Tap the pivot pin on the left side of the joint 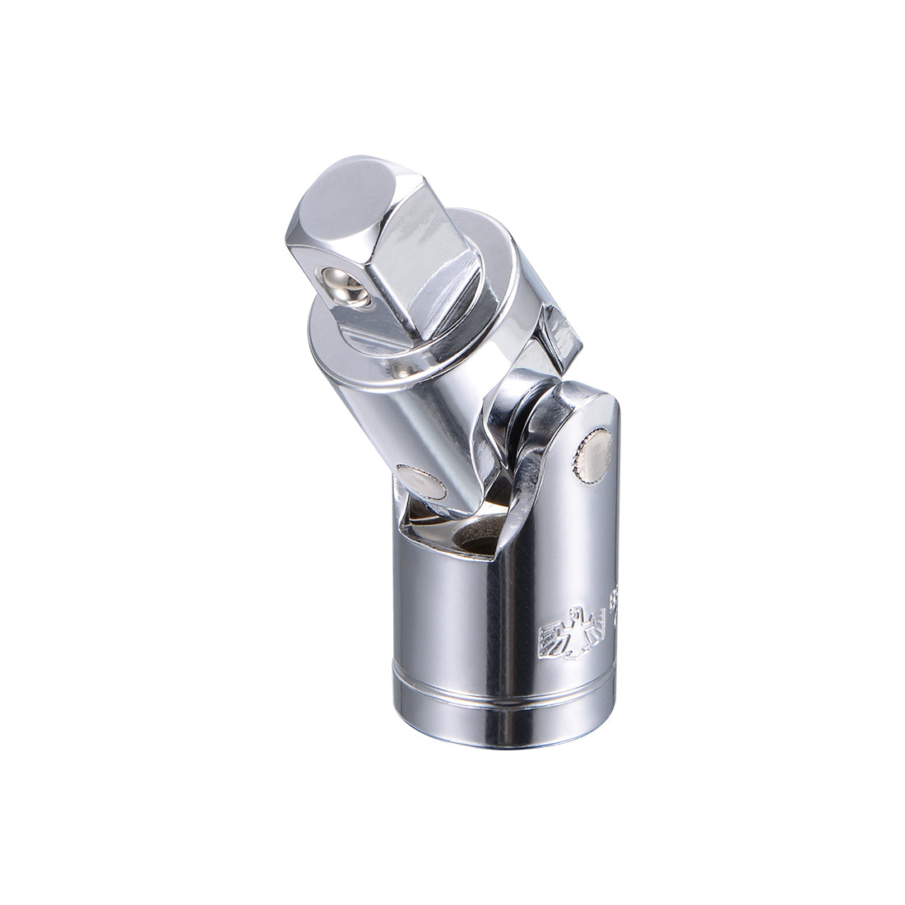pyautogui.click(x=420, y=482)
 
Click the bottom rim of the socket pyautogui.click(x=502, y=745)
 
